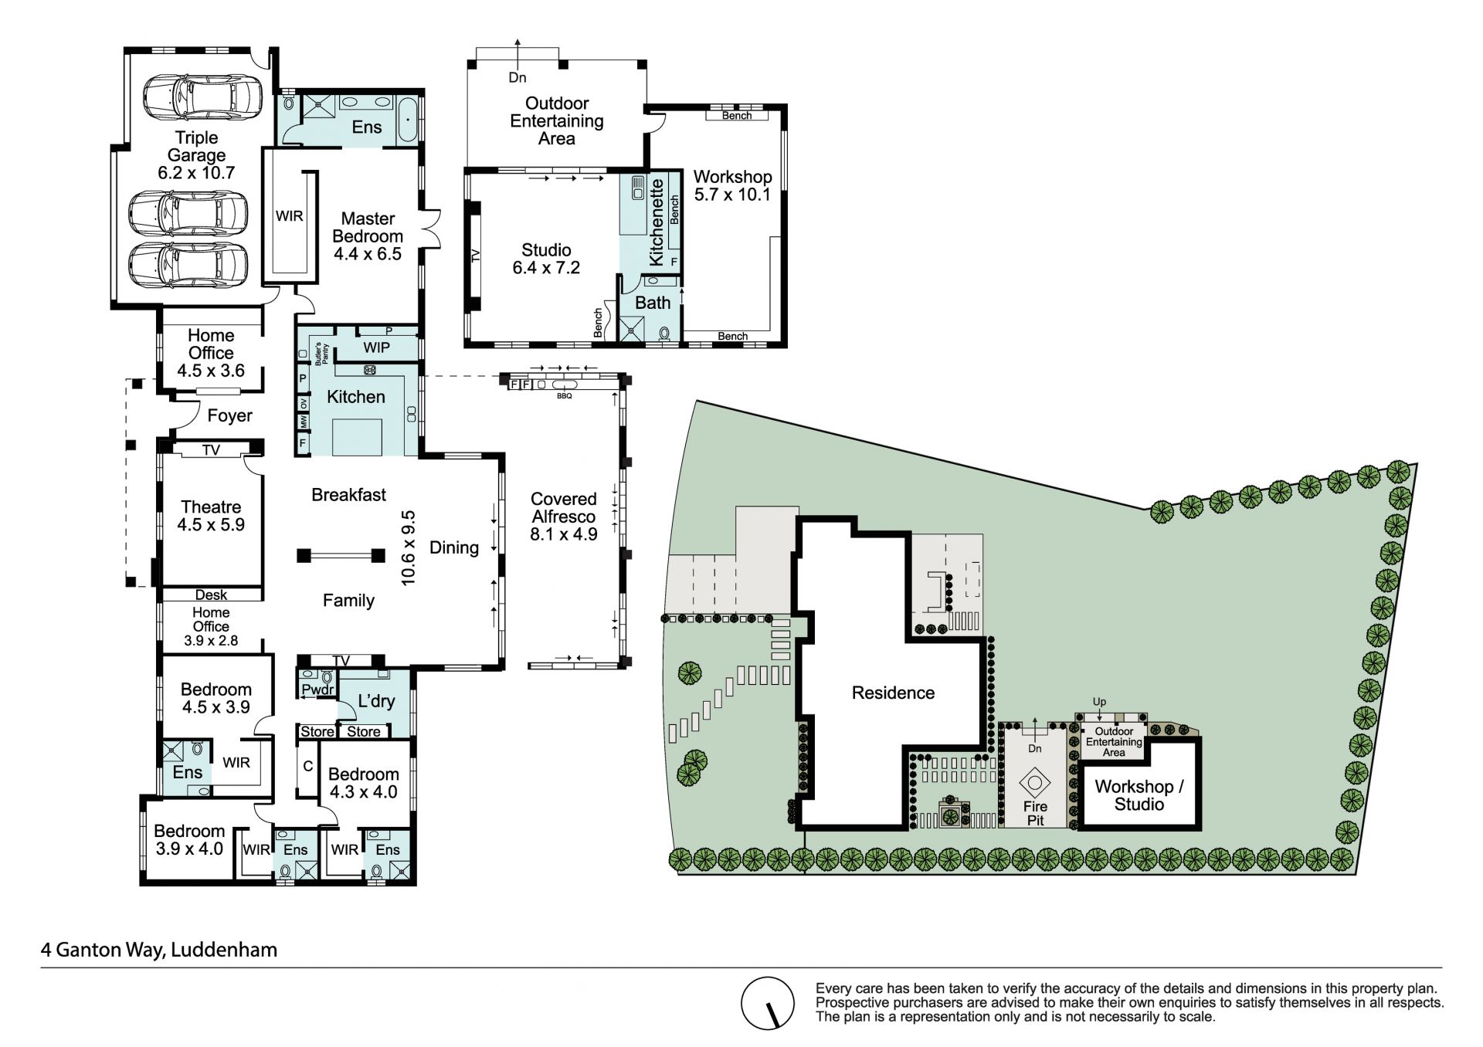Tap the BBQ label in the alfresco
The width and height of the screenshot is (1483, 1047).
point(564,396)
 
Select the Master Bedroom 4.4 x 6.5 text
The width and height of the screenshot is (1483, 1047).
point(368,236)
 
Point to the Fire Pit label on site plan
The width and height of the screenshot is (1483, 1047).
point(1035,814)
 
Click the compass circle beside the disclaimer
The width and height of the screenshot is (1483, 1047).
point(768,1003)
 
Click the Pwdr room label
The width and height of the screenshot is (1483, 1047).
point(317,690)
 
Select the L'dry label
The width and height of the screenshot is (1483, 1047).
point(376,701)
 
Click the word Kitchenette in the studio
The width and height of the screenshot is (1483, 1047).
point(657,222)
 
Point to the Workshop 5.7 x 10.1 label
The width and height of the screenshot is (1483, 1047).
point(732,185)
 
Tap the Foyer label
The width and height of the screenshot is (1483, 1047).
point(229,415)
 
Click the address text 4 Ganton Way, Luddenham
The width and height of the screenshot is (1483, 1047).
point(159,949)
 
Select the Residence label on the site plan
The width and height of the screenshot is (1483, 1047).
point(893,693)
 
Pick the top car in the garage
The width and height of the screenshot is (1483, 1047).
point(197,97)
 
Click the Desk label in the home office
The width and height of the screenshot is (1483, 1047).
point(211,595)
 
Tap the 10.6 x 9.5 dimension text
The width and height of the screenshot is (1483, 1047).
point(409,547)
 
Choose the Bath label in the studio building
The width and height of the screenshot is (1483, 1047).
point(653,303)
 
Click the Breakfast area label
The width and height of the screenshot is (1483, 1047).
point(348,494)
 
